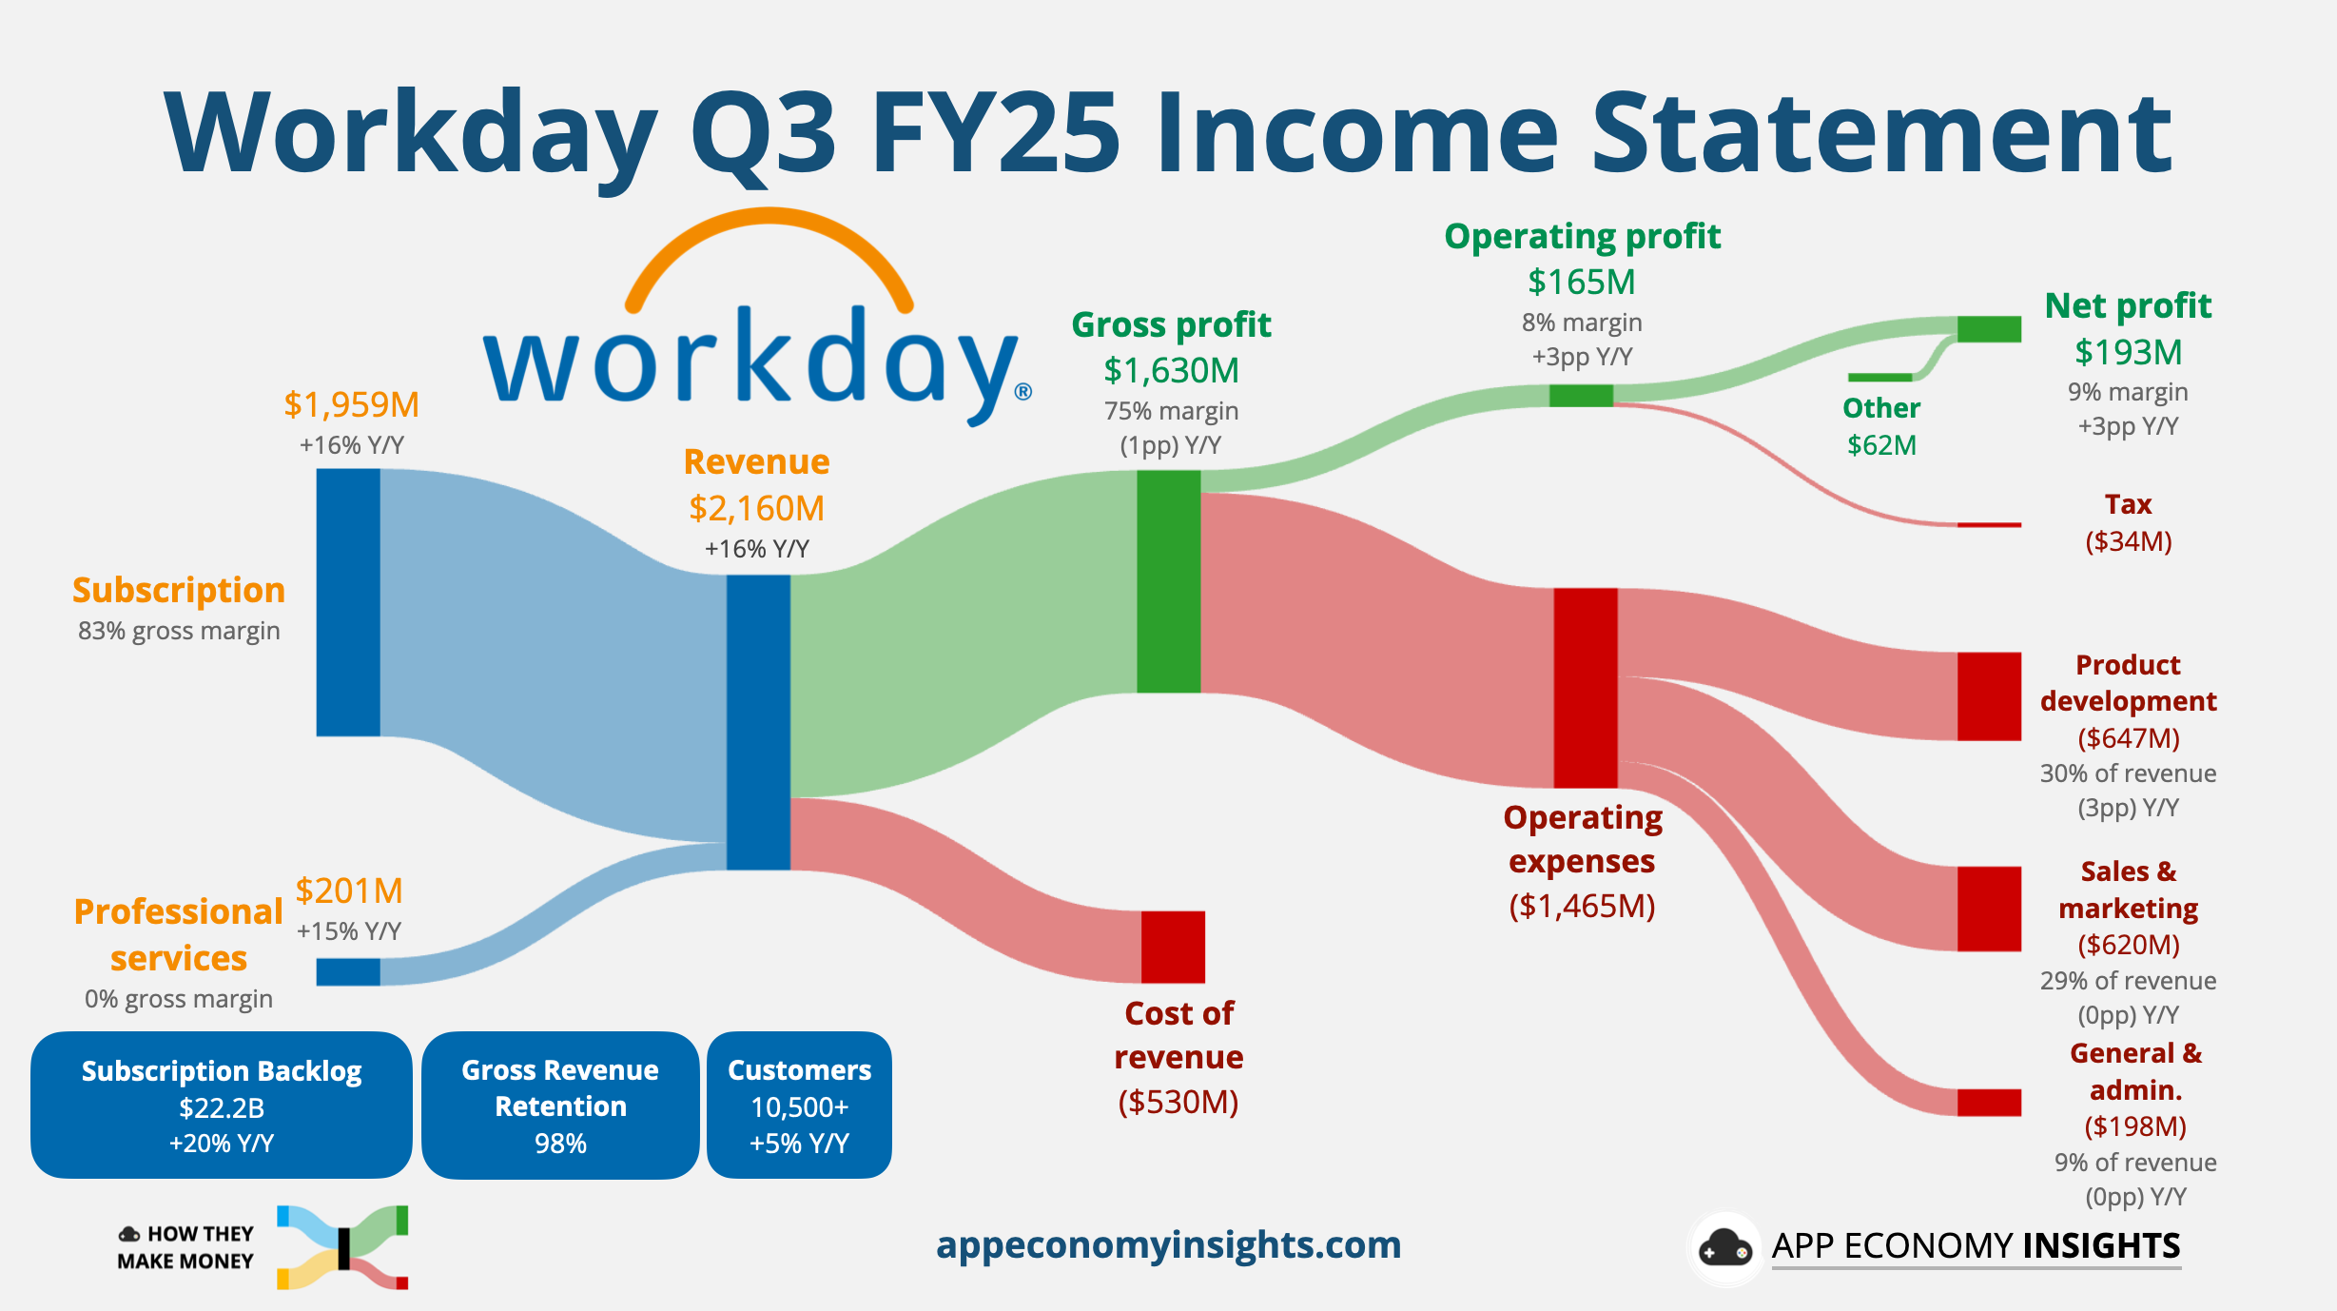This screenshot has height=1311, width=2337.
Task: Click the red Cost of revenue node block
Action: coord(1173,947)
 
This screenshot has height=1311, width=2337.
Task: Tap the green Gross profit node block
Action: coord(1169,581)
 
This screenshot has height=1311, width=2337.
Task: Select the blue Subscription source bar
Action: coord(348,602)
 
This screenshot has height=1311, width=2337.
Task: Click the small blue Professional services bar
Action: coord(348,971)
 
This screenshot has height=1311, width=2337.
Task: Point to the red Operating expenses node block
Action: coord(1586,687)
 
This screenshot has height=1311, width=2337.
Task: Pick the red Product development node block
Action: coord(1989,695)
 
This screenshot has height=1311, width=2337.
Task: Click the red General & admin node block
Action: coord(1989,1102)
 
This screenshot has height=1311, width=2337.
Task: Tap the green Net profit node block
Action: coord(1989,329)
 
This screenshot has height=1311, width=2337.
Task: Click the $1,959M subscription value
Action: coord(352,405)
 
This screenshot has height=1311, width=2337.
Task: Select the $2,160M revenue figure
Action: coord(757,509)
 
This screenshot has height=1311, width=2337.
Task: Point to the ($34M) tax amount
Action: coord(2129,541)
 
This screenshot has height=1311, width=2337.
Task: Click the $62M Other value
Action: coord(1881,445)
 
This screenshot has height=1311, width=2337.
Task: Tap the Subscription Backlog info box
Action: coord(222,1106)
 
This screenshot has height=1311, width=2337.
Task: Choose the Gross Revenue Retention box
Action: coord(560,1106)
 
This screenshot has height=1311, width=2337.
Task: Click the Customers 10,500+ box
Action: coord(799,1106)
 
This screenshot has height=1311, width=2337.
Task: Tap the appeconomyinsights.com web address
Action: coord(1168,1245)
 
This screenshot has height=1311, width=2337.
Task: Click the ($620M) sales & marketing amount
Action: coord(2129,945)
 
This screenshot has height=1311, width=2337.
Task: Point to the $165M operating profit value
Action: coord(1582,283)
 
